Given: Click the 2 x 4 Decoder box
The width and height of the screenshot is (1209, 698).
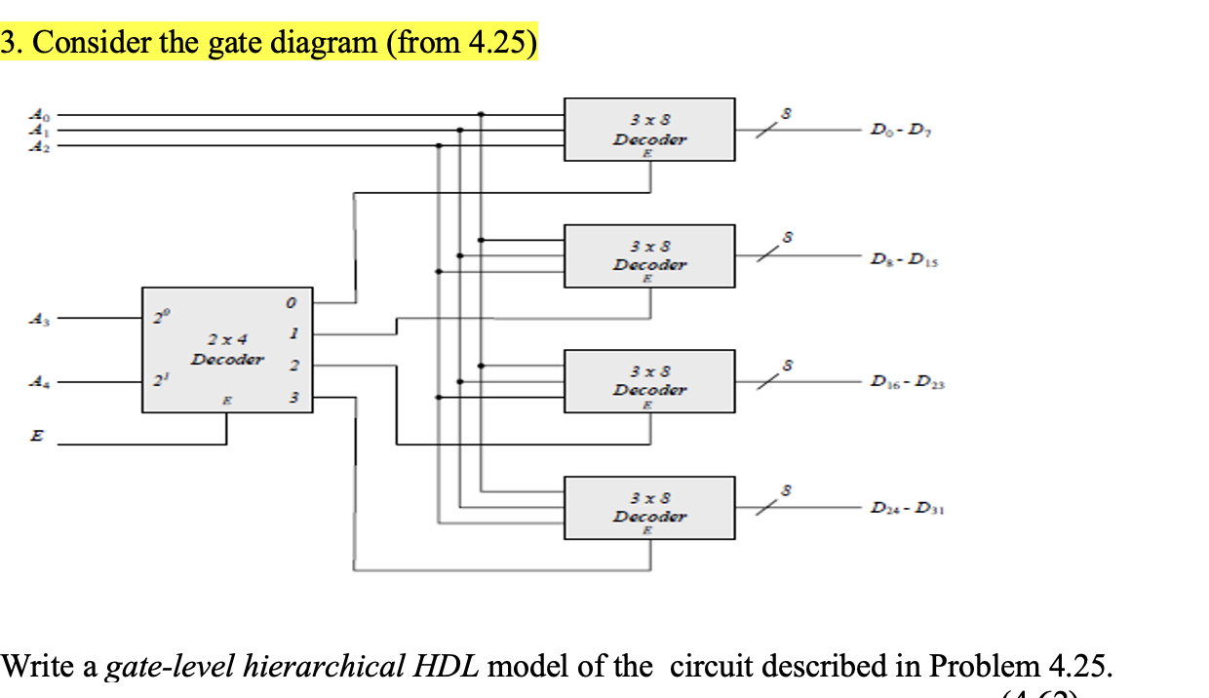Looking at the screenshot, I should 227,350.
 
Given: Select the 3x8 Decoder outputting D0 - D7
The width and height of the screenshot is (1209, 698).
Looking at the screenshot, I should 649,130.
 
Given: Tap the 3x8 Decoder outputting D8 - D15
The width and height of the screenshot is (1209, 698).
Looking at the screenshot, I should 649,255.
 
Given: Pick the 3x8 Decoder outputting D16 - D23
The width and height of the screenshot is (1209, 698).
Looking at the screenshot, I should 649,381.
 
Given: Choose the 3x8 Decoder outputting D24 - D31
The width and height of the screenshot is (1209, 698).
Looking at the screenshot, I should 649,508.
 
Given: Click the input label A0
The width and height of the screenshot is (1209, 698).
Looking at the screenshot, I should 36,113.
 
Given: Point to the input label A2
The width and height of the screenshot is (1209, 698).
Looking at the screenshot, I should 36,146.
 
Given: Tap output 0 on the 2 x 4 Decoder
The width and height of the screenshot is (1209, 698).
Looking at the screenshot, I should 291,304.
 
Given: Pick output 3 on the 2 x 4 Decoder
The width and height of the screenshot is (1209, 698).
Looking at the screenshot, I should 291,398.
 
